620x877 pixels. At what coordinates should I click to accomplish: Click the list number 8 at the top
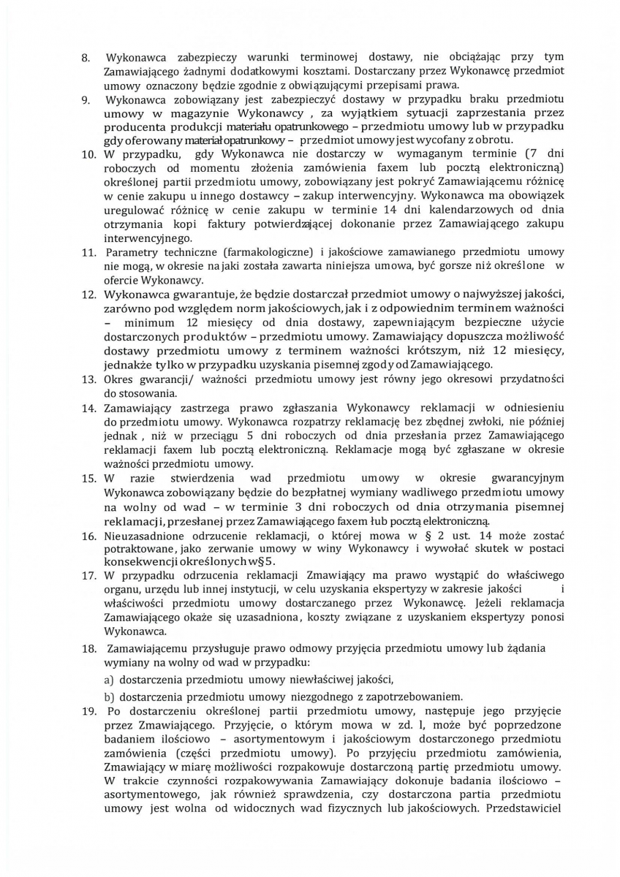click(x=85, y=57)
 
